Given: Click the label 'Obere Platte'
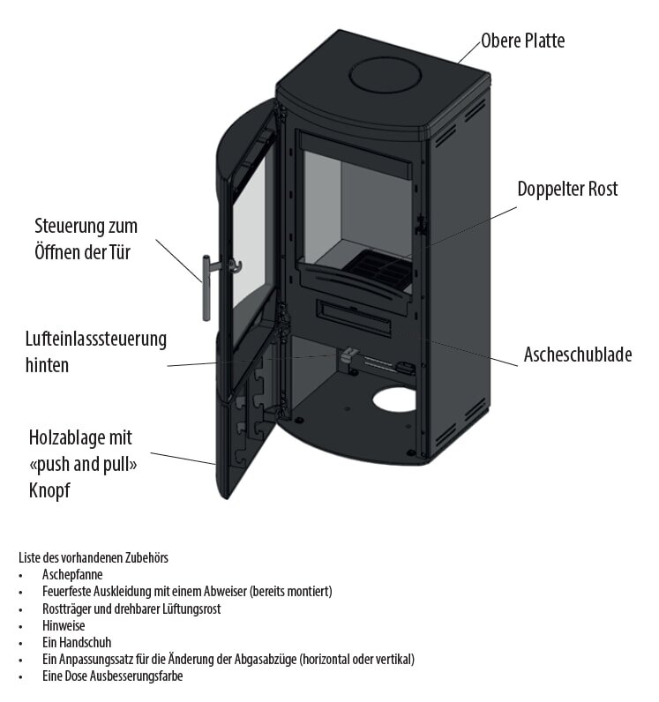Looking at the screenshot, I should (522, 41).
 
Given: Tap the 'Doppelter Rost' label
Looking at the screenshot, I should (567, 189).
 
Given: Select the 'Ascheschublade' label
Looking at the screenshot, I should (577, 355).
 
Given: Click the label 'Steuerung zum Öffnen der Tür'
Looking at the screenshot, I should (86, 239).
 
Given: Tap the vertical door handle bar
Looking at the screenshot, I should (205, 288).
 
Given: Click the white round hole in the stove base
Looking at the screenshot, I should (394, 400).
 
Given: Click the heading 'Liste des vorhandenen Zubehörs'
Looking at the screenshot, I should (93, 557).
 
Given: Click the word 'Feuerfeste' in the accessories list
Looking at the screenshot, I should (66, 591).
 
